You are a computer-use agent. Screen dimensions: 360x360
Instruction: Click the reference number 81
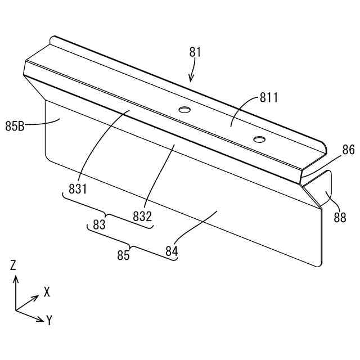click(195, 52)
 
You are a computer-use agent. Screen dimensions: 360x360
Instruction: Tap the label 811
click(269, 97)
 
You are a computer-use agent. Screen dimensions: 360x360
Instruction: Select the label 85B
click(15, 127)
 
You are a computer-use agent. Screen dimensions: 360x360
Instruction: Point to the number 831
click(78, 190)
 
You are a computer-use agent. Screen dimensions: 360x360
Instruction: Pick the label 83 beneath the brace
click(100, 224)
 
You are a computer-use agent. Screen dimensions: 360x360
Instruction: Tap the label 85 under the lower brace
click(123, 255)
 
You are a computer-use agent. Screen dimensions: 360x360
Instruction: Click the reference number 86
click(349, 150)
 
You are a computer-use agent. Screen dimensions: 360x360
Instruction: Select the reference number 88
click(340, 218)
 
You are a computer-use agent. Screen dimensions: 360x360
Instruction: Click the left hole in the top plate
click(183, 109)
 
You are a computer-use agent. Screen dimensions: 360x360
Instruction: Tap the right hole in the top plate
click(259, 138)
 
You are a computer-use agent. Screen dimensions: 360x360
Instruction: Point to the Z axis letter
click(13, 265)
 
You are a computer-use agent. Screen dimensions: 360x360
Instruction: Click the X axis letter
click(47, 292)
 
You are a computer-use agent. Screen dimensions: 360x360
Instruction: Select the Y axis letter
click(49, 321)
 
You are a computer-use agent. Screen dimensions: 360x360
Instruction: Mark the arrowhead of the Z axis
click(16, 277)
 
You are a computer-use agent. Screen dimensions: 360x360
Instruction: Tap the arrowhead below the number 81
click(191, 79)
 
